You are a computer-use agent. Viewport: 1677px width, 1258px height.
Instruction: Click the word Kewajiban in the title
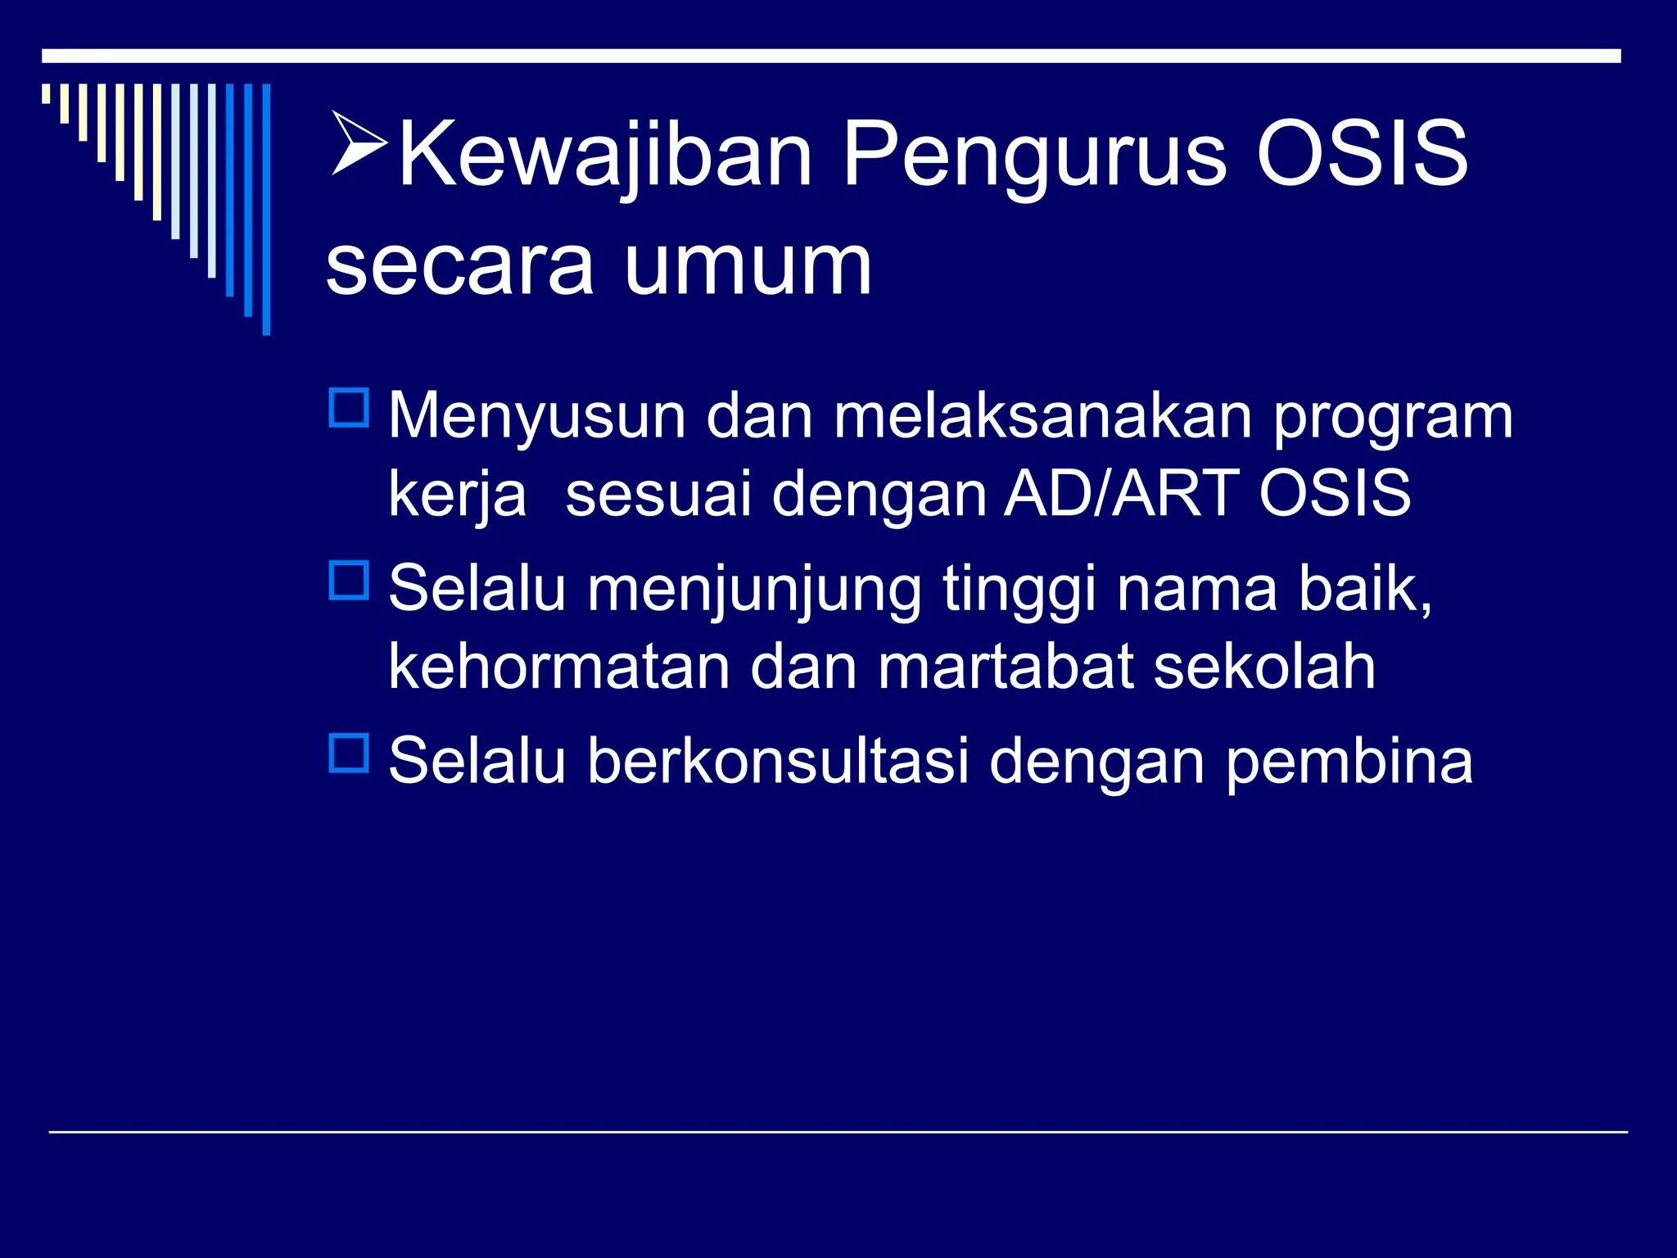coord(604,154)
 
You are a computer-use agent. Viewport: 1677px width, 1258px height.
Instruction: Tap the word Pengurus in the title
coord(1034,154)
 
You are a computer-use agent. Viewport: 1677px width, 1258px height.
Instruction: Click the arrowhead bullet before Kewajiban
coord(359,144)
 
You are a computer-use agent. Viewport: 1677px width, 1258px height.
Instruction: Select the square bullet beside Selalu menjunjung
coord(350,580)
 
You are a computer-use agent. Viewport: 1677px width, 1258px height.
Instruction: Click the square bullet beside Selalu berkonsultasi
coord(350,753)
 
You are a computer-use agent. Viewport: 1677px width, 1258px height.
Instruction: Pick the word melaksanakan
coord(1042,416)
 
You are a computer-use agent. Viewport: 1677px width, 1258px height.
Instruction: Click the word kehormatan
coord(558,666)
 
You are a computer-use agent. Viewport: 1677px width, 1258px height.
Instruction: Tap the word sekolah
coord(1264,666)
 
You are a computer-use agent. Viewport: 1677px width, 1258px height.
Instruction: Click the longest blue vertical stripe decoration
coord(266,209)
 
